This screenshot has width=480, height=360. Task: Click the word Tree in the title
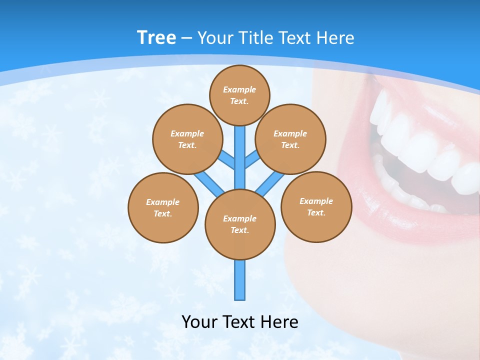tap(156, 37)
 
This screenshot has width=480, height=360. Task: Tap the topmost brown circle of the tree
tap(239, 95)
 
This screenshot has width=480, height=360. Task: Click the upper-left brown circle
tap(187, 139)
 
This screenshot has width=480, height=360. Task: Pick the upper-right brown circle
tap(290, 139)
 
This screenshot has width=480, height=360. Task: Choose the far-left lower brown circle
tap(163, 207)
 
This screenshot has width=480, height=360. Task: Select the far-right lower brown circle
tap(316, 206)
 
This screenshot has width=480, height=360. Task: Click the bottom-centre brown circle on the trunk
tap(240, 224)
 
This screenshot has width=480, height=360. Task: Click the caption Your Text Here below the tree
tap(240, 322)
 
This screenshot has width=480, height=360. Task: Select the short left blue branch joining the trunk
tap(227, 159)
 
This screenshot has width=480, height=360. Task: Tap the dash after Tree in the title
tap(186, 38)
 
